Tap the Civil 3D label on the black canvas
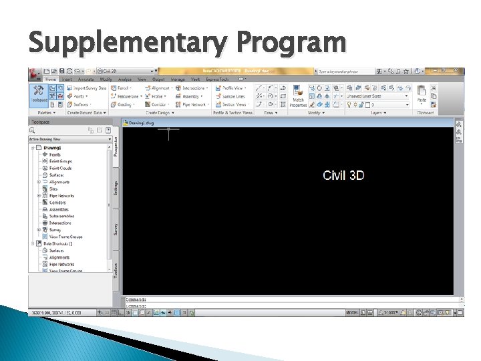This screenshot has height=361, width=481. coord(343,175)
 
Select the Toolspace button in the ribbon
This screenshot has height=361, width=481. coord(40,94)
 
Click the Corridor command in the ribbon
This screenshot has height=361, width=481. coord(158,104)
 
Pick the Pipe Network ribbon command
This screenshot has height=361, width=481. coord(194,104)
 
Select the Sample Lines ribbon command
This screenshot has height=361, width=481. coord(232,96)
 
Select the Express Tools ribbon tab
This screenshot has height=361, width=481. coord(216,80)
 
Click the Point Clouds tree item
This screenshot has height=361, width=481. coord(60,168)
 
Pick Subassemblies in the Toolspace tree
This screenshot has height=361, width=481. coord(63,216)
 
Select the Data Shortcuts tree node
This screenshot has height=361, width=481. coord(57,244)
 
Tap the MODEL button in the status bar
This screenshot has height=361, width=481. coord(353,312)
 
